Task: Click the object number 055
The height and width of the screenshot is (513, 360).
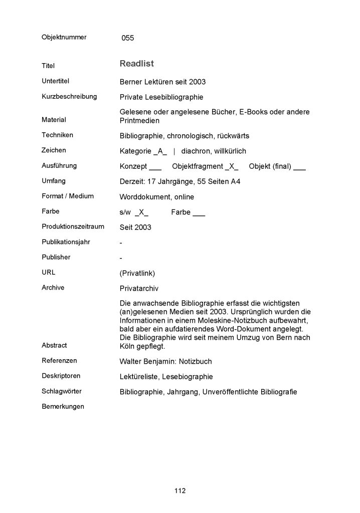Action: pyautogui.click(x=127, y=38)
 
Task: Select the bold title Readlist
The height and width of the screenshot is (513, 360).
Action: pyautogui.click(x=136, y=64)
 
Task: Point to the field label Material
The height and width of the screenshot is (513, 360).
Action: pyautogui.click(x=54, y=120)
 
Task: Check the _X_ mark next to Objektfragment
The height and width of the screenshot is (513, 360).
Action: pyautogui.click(x=232, y=166)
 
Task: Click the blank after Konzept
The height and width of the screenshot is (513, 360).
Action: pyautogui.click(x=155, y=166)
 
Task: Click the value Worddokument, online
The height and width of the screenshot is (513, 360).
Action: pyautogui.click(x=157, y=197)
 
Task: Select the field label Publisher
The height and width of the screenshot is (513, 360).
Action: pyautogui.click(x=56, y=257)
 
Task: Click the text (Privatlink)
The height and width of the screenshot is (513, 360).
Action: pyautogui.click(x=137, y=273)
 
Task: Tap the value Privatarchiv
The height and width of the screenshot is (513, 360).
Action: pyautogui.click(x=140, y=289)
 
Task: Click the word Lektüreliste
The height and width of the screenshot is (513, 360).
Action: pyautogui.click(x=140, y=376)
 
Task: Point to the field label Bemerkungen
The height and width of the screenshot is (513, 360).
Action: pyautogui.click(x=63, y=406)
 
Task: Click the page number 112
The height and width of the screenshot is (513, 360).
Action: pyautogui.click(x=180, y=490)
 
